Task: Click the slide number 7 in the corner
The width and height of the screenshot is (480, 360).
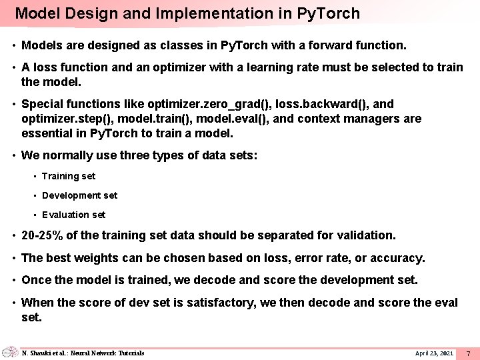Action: coord(468,353)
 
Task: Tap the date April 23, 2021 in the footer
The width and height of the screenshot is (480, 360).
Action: coord(434,353)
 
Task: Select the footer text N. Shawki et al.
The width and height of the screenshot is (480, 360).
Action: coord(51,353)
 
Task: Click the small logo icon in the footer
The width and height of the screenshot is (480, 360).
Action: coord(10,352)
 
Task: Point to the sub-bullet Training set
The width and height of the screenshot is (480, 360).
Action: coord(68,176)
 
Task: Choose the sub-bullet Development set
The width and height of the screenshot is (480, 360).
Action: coord(79,195)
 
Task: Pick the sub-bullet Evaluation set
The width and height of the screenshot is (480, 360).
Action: coord(73,215)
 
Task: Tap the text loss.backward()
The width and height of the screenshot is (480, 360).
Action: coord(316,104)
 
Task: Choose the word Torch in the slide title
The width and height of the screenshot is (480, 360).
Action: coord(339,13)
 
